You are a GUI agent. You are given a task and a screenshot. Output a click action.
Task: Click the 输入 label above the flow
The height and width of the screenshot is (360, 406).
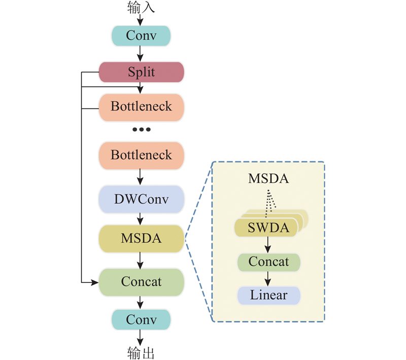(141, 8)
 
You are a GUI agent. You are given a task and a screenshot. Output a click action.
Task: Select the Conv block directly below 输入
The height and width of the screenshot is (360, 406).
(141, 35)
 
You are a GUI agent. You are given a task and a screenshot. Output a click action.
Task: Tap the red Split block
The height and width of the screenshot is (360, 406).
(141, 72)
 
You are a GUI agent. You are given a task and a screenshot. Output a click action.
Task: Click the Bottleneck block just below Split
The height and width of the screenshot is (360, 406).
(141, 107)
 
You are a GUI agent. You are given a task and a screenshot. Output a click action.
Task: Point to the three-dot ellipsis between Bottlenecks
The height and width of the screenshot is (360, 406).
(141, 130)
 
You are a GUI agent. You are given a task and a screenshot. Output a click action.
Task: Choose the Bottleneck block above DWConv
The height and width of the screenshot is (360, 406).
(141, 155)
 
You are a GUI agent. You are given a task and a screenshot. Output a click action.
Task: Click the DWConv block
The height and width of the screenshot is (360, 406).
(141, 199)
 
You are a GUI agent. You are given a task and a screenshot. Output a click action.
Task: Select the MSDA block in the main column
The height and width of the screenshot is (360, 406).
(141, 238)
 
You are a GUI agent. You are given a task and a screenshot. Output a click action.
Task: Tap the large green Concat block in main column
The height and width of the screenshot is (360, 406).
(141, 282)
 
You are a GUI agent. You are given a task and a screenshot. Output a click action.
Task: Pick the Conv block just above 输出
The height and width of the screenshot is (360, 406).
(141, 320)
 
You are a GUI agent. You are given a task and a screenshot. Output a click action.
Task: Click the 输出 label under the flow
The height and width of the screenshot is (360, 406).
(141, 352)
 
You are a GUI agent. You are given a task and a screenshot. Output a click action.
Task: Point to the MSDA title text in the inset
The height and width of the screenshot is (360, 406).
(268, 179)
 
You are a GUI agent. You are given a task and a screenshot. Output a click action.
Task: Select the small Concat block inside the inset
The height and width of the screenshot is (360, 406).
(268, 262)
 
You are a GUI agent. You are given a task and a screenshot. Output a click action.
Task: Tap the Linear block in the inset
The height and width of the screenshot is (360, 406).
(268, 295)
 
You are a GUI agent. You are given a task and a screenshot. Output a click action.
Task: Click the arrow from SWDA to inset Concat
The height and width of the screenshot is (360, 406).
(268, 245)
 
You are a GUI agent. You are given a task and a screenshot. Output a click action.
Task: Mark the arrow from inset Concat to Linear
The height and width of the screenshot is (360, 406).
(268, 279)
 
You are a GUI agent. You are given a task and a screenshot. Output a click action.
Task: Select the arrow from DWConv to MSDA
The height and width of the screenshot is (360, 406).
(141, 219)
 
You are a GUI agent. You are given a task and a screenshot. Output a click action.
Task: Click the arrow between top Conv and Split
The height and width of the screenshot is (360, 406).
(141, 54)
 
